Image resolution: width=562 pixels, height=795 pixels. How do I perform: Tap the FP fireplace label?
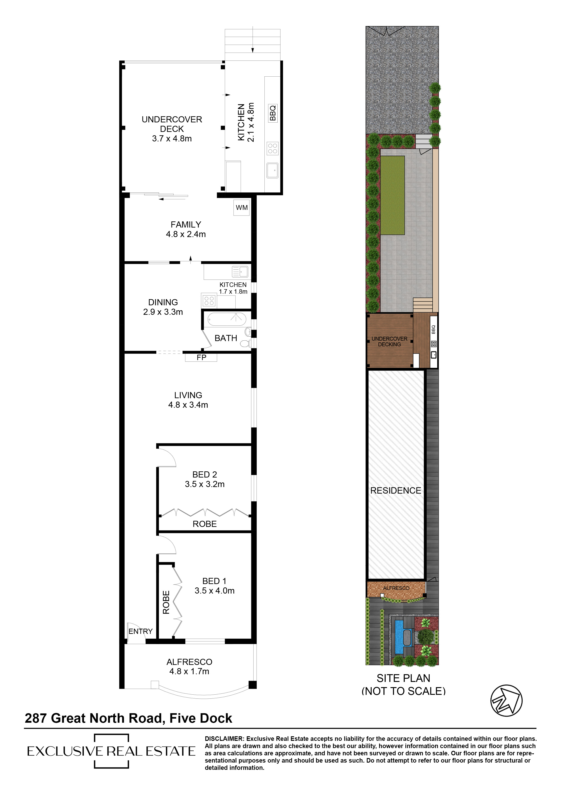click(x=201, y=357)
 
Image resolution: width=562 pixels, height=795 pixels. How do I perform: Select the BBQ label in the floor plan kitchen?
click(x=273, y=113)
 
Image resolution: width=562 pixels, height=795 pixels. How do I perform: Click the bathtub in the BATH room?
click(x=227, y=319)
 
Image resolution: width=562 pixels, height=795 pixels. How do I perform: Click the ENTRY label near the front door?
click(x=140, y=631)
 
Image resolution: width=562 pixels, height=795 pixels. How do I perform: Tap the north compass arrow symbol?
click(x=506, y=700)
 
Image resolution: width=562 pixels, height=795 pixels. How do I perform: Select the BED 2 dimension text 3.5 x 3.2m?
click(x=205, y=484)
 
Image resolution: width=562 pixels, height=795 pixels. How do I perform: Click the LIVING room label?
click(x=188, y=395)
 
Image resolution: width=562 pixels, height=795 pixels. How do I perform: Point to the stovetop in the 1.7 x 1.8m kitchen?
click(x=209, y=301)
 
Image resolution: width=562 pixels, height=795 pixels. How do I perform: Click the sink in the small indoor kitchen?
click(x=240, y=271)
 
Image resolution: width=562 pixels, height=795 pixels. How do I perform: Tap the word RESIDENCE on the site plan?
click(x=396, y=490)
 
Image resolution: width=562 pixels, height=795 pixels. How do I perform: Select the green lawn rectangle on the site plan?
click(x=393, y=195)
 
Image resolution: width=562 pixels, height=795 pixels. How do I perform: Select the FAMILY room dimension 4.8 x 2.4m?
click(x=186, y=234)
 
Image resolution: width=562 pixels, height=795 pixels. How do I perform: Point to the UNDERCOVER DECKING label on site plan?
click(x=390, y=341)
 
